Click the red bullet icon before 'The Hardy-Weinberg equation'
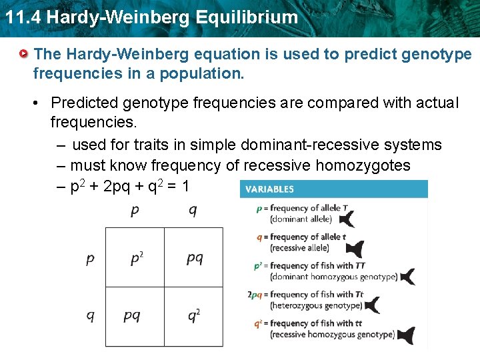[25, 53]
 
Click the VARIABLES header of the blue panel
[269, 189]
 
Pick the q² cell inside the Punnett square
[193, 315]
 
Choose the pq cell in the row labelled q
[132, 315]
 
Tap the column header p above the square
[135, 211]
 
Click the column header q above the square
[192, 211]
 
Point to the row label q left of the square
[90, 316]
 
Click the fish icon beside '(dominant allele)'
[347, 218]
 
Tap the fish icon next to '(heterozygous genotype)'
[371, 305]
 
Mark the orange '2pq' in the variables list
[253, 295]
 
